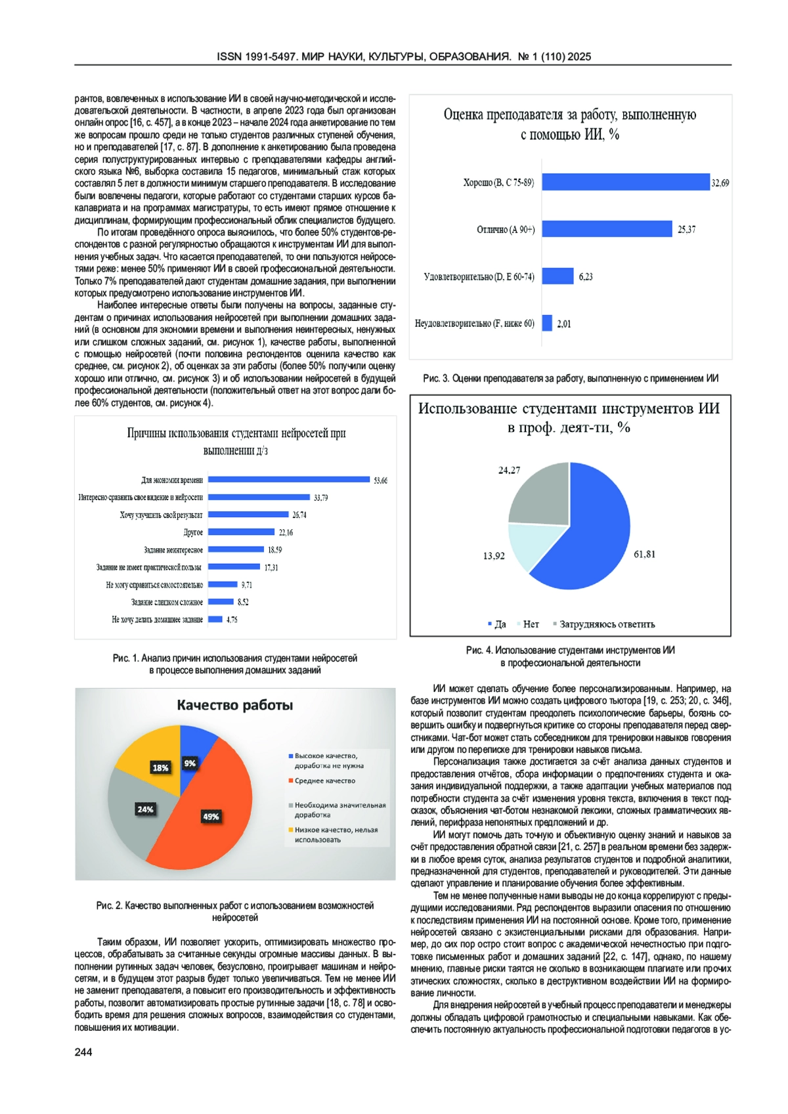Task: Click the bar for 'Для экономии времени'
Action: pyautogui.click(x=289, y=480)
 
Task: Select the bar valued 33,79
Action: pyautogui.click(x=259, y=498)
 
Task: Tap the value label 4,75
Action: pyautogui.click(x=232, y=619)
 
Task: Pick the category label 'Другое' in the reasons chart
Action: pyautogui.click(x=193, y=532)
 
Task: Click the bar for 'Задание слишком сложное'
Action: pyautogui.click(x=221, y=602)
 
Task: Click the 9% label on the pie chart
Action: pyautogui.click(x=190, y=763)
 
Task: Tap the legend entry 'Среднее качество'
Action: pyautogui.click(x=324, y=781)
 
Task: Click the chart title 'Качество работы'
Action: pyautogui.click(x=234, y=706)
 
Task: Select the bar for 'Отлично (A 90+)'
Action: pyautogui.click(x=607, y=229)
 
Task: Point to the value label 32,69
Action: pyautogui.click(x=720, y=183)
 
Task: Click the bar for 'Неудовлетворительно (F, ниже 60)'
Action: pyautogui.click(x=547, y=323)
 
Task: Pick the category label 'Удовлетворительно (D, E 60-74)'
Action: pyautogui.click(x=479, y=277)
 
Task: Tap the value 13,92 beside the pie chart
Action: pyautogui.click(x=494, y=556)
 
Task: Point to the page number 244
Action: pyautogui.click(x=83, y=1052)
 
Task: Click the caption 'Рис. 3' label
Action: pyautogui.click(x=435, y=379)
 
